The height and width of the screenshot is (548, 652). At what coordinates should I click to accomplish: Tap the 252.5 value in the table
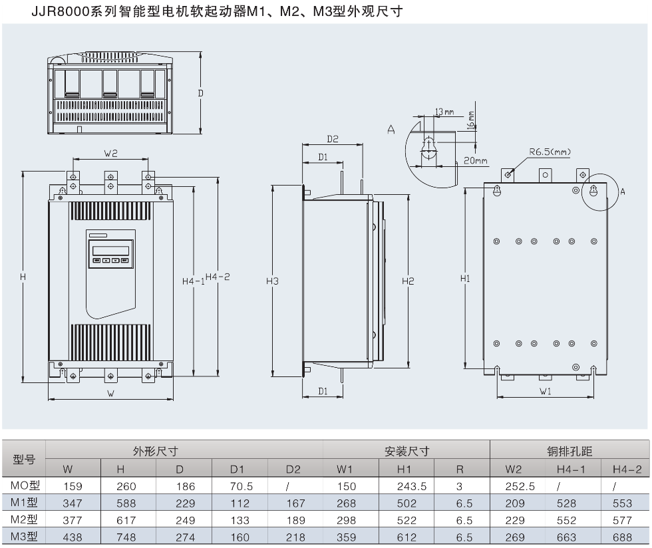point(521,487)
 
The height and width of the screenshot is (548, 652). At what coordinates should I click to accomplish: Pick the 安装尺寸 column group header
point(407,452)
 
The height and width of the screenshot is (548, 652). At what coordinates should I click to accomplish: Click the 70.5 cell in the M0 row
point(242,487)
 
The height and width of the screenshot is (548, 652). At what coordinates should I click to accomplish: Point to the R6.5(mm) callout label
point(550,152)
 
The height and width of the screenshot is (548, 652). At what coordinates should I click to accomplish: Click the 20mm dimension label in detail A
point(476,161)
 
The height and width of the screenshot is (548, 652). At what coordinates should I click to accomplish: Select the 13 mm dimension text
point(444,111)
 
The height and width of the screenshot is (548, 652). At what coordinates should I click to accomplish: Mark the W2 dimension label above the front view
point(110,153)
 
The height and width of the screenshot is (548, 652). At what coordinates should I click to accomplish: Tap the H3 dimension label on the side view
point(272,281)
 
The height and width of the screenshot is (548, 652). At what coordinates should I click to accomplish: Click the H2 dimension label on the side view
point(407,281)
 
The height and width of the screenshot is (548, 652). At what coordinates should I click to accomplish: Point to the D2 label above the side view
point(333,139)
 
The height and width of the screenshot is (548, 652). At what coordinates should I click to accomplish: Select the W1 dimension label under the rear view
point(546,392)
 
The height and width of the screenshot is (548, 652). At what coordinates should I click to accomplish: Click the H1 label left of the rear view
point(465,279)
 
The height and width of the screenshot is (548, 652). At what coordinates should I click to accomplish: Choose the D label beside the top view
point(200,94)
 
